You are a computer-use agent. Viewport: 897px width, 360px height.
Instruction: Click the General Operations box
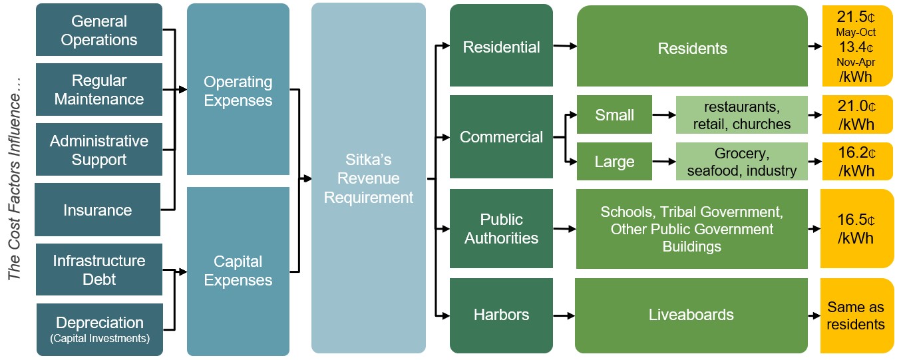(98, 31)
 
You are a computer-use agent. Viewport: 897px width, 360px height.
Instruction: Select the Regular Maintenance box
(98, 90)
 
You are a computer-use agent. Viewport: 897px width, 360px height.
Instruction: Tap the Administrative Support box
(98, 150)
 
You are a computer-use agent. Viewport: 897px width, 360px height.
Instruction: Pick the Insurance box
(98, 210)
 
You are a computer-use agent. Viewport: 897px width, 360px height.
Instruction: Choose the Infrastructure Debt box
(98, 270)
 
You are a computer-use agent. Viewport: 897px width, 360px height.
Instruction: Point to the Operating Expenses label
(238, 91)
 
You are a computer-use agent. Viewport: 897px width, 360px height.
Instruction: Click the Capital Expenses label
(238, 271)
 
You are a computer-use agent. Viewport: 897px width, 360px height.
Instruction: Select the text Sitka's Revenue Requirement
(368, 179)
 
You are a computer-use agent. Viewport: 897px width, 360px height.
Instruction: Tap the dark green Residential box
(501, 47)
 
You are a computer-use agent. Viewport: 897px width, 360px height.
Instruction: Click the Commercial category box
(501, 137)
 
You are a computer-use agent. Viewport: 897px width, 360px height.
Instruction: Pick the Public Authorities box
(501, 228)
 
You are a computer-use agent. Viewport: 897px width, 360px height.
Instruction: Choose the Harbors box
(501, 314)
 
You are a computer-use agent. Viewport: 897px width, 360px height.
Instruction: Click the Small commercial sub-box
(614, 115)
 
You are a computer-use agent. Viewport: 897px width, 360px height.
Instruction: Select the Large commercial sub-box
(614, 162)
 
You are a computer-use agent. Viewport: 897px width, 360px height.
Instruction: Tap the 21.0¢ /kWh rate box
(856, 115)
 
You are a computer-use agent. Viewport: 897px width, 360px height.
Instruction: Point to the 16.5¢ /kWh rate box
(856, 229)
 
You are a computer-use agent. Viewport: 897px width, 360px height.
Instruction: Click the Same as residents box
(856, 315)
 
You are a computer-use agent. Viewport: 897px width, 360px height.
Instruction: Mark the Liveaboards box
(691, 315)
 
